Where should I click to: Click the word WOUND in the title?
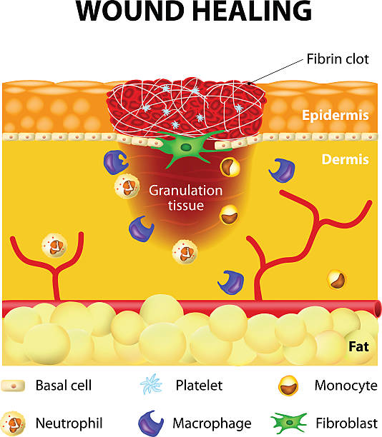130,11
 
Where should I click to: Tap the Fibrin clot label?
338,59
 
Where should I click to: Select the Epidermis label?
335,115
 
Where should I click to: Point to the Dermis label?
345,159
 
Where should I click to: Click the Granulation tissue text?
186,198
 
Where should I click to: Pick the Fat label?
359,346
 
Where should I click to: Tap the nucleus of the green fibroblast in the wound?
185,147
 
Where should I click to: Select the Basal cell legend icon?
13,386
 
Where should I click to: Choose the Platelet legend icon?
151,384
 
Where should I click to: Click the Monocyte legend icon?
288,386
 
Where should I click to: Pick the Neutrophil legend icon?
13,423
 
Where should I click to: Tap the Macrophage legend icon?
150,423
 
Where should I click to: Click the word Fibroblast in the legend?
346,423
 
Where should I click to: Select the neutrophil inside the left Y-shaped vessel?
54,245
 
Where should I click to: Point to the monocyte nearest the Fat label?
336,279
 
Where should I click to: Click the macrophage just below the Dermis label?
282,171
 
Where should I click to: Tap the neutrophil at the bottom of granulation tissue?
185,252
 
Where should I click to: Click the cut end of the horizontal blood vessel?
378,308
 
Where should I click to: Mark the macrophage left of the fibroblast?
115,162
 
